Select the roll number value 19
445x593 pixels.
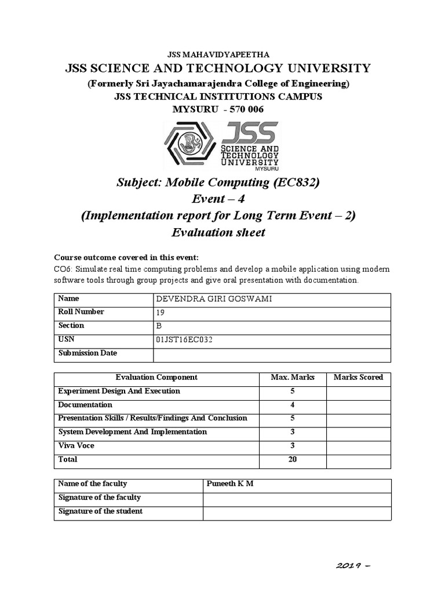pos(160,313)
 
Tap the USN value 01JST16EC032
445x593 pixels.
pos(184,340)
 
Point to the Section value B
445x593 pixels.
pos(159,326)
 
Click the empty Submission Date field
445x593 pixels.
pos(271,354)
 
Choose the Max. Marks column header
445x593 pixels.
pos(293,378)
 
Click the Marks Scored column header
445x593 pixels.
pos(358,378)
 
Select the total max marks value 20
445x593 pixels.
pos(293,460)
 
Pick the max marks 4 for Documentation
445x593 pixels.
pos(293,405)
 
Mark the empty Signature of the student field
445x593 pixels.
pos(296,512)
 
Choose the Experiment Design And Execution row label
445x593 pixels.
pos(119,391)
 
